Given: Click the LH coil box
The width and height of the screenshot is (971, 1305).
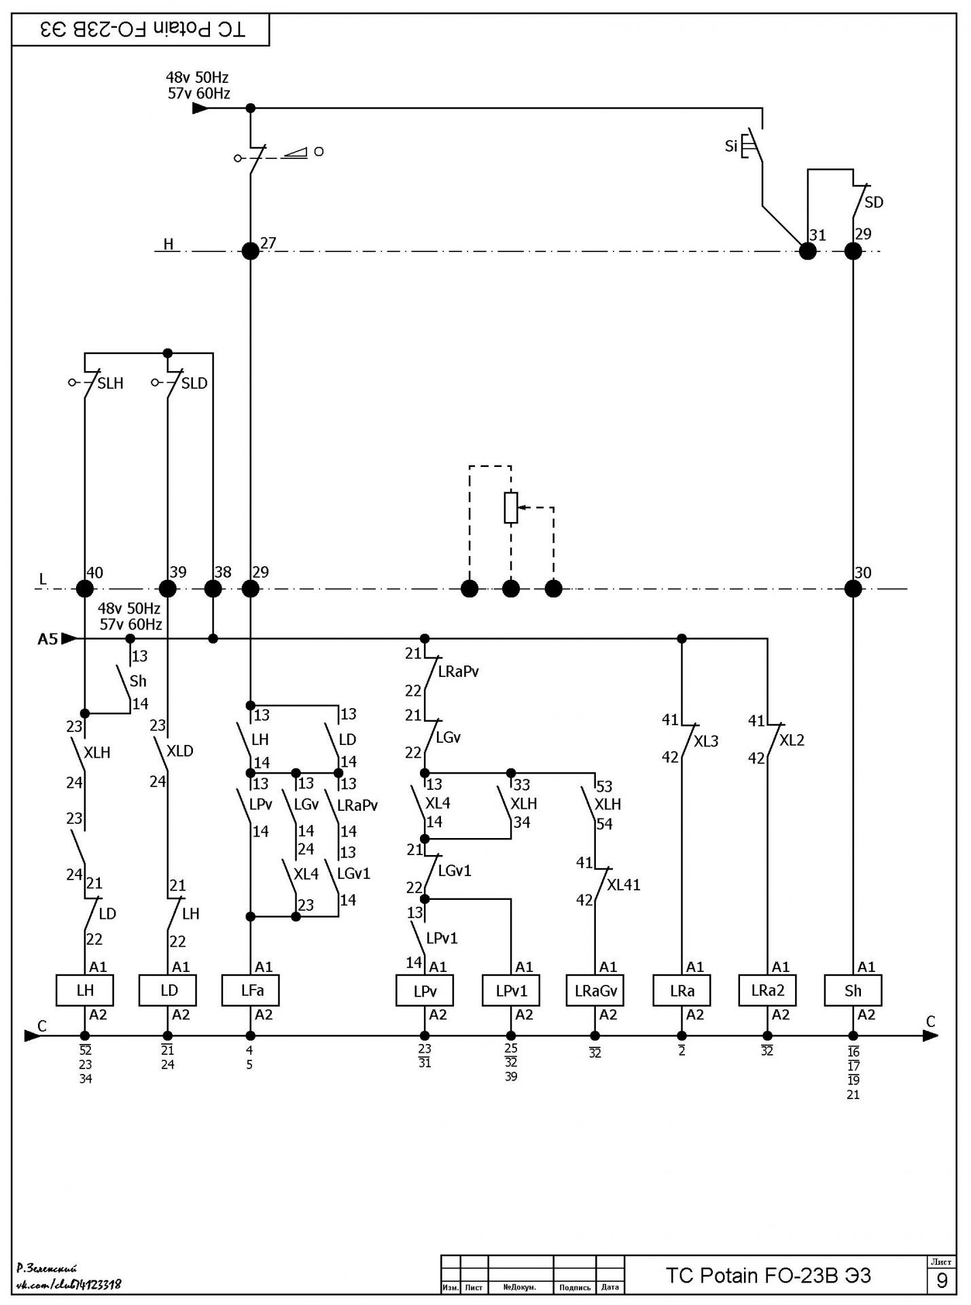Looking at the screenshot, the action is click(x=84, y=990).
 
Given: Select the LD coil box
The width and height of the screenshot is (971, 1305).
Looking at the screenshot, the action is click(x=168, y=990).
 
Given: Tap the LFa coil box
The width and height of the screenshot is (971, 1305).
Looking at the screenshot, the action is click(x=251, y=990).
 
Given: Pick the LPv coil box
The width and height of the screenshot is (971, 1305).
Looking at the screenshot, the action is click(x=425, y=990).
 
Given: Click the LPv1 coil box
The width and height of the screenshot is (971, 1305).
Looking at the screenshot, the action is click(x=511, y=990).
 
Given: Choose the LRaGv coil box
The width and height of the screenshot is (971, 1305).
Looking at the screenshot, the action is click(x=595, y=990).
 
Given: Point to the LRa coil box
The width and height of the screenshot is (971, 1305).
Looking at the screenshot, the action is click(x=682, y=990).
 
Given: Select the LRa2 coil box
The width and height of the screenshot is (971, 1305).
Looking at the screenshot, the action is click(x=768, y=990).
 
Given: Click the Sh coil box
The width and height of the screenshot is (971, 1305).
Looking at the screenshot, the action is click(x=853, y=990).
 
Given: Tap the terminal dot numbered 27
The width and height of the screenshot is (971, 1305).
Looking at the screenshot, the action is click(x=251, y=251).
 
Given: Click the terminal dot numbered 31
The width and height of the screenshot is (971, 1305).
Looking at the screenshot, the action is click(x=808, y=251).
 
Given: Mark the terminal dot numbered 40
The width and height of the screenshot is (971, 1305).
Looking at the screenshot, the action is click(x=84, y=589).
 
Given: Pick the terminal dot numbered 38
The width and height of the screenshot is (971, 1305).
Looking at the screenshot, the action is click(x=213, y=589).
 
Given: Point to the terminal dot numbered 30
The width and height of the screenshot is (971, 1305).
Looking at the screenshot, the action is click(x=853, y=589).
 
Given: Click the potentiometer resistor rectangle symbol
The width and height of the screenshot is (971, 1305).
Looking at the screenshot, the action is click(x=511, y=508).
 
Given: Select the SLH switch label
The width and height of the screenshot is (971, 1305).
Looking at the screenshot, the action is click(x=111, y=383).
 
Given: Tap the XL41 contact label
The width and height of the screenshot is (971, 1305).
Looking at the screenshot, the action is click(x=624, y=885).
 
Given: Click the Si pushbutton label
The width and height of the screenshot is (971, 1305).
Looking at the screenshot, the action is click(x=731, y=146).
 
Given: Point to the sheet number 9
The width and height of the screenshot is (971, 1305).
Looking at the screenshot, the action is click(x=942, y=1281).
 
